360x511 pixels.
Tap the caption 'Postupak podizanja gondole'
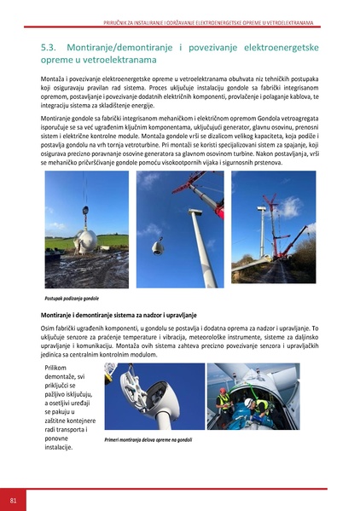[73, 299]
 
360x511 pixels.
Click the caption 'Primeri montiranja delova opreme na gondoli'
[150, 440]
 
